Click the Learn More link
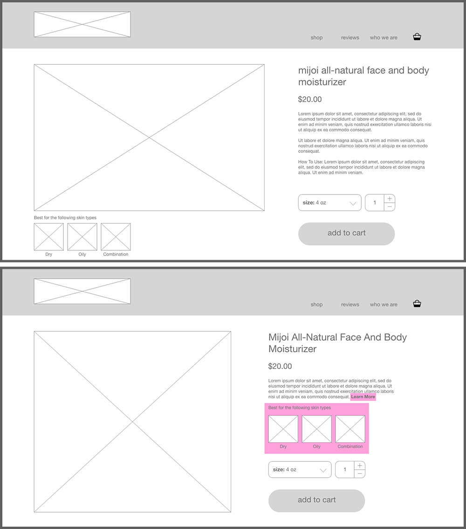[x=363, y=397]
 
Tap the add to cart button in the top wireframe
[x=346, y=234]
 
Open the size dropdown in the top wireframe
[x=329, y=203]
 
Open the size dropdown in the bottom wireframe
[x=300, y=470]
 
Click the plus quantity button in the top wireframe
[x=390, y=199]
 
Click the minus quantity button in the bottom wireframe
[x=360, y=474]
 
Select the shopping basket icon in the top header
[x=417, y=37]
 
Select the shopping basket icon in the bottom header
[x=417, y=303]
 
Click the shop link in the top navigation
[x=316, y=37]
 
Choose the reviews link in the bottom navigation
[x=350, y=304]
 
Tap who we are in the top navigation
[x=384, y=37]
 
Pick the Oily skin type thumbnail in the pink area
[x=316, y=429]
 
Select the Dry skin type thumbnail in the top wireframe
[x=48, y=237]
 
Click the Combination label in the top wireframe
[x=116, y=254]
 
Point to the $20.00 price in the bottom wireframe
[x=280, y=366]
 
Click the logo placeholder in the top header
[x=82, y=24]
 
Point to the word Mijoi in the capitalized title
[x=279, y=337]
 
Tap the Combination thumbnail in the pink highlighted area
[x=350, y=429]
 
